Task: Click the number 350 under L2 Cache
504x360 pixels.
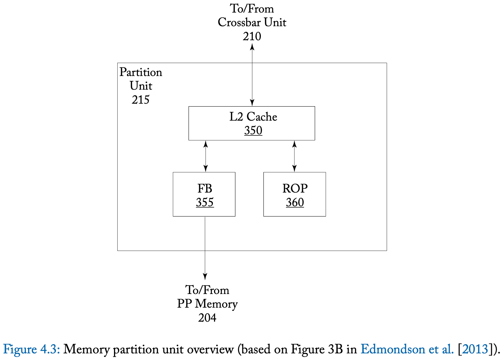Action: pyautogui.click(x=253, y=131)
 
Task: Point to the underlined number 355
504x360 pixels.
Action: pyautogui.click(x=205, y=202)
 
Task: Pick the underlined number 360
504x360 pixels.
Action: pyautogui.click(x=295, y=202)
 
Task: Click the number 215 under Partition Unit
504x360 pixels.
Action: pyautogui.click(x=141, y=100)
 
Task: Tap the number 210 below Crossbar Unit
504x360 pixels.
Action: pyautogui.click(x=252, y=37)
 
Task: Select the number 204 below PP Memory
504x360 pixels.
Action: pyautogui.click(x=207, y=318)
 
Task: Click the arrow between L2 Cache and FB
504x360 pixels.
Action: pyautogui.click(x=206, y=156)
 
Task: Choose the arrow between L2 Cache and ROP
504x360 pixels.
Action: pyautogui.click(x=294, y=156)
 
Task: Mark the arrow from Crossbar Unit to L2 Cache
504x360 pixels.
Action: pyautogui.click(x=252, y=76)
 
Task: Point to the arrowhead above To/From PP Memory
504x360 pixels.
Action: pyautogui.click(x=205, y=277)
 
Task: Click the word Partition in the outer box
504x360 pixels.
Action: pyautogui.click(x=141, y=72)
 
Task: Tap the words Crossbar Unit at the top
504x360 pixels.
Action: pyautogui.click(x=252, y=22)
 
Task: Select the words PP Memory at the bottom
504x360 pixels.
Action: pyautogui.click(x=207, y=304)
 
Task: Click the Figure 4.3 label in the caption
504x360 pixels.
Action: pyautogui.click(x=31, y=349)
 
